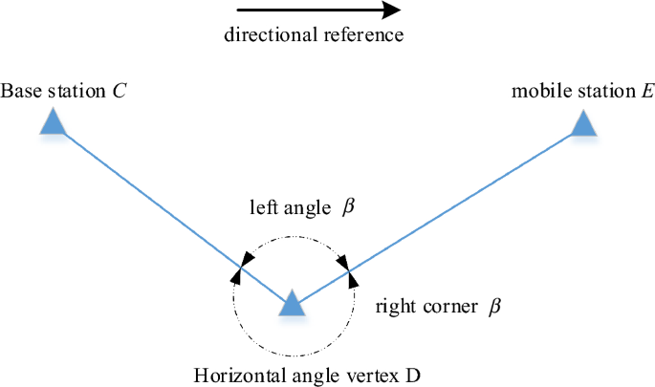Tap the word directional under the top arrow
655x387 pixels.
click(x=262, y=36)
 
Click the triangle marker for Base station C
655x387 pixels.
click(x=54, y=121)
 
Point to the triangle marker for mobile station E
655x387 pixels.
click(x=583, y=123)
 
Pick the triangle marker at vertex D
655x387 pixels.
click(x=293, y=304)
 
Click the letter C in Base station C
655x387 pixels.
click(x=120, y=92)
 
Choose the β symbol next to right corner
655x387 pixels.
click(x=494, y=307)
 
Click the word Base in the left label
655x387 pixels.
click(x=19, y=92)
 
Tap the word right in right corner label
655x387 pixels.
click(x=394, y=307)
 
